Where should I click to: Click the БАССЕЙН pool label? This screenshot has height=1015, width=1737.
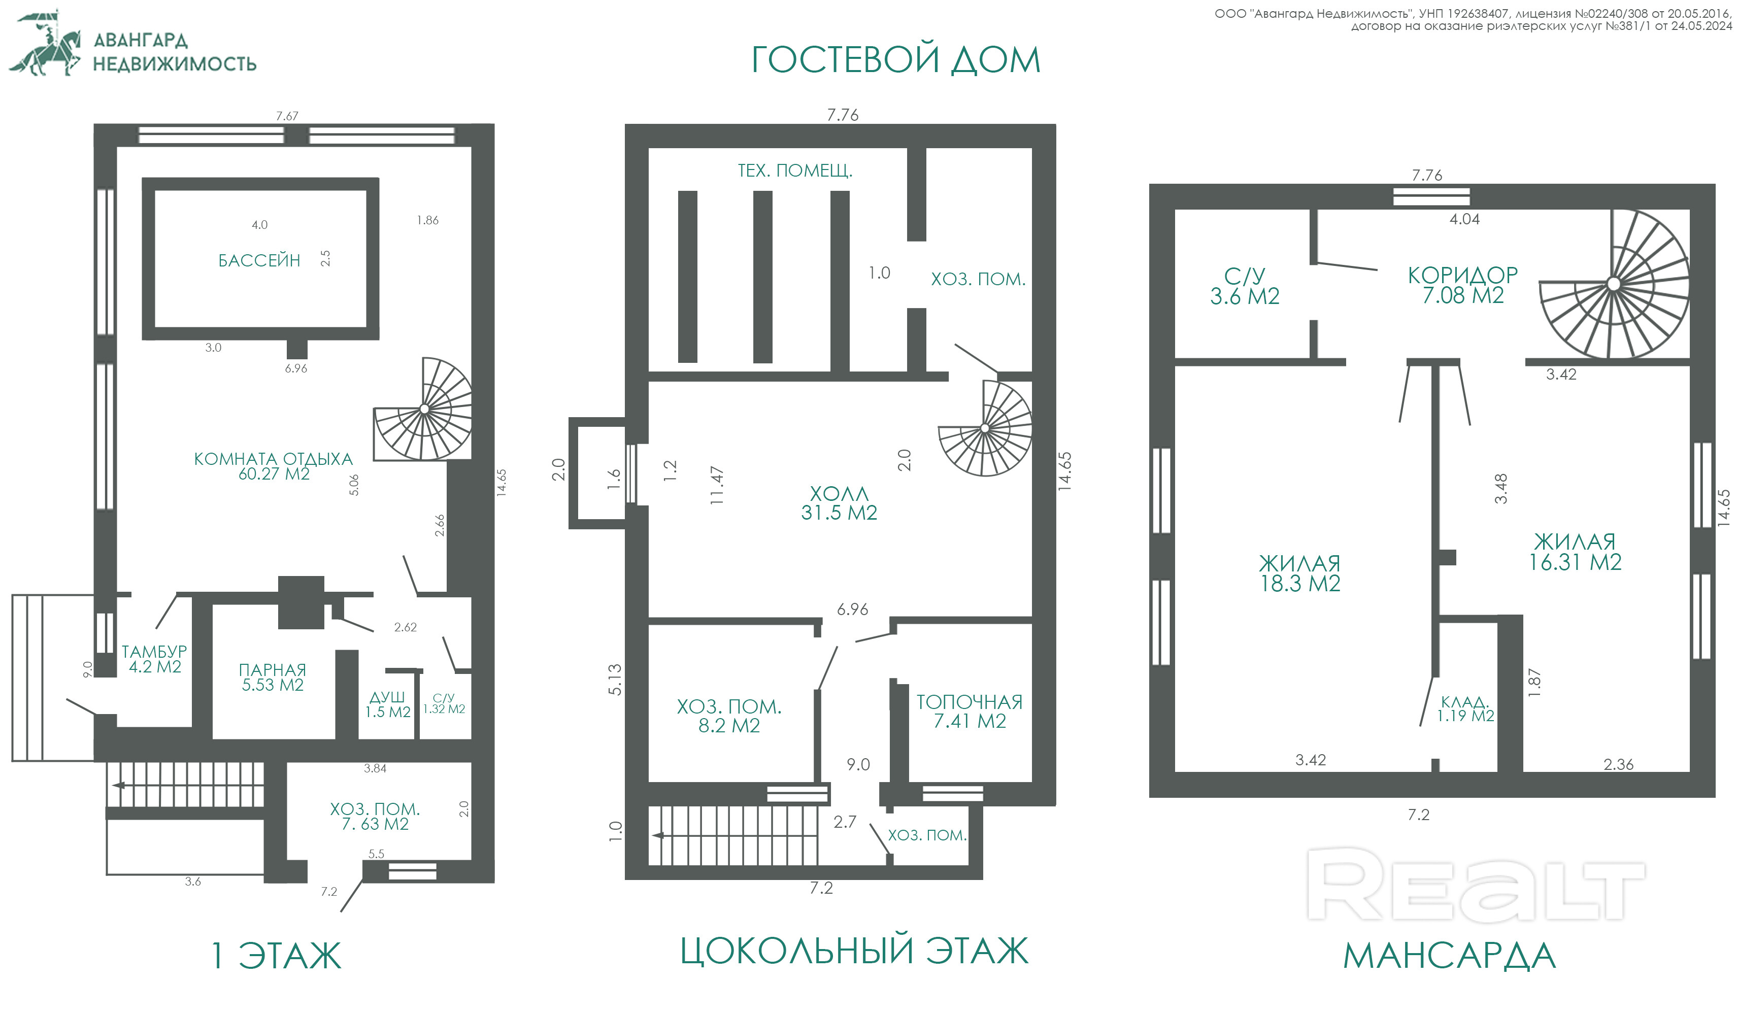click(259, 260)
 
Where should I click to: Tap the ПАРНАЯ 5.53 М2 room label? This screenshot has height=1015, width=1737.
click(272, 678)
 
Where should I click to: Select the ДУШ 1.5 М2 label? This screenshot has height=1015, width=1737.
click(387, 704)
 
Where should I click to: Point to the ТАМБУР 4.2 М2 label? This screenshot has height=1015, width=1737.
click(154, 659)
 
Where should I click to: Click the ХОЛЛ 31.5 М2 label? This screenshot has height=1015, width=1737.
click(839, 503)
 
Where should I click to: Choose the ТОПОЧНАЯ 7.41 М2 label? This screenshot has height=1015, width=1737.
click(969, 711)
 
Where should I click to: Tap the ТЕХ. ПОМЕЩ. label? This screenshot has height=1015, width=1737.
click(795, 170)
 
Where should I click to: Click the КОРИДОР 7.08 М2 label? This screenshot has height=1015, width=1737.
click(1462, 285)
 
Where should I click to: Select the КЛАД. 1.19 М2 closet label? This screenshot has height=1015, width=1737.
click(1465, 709)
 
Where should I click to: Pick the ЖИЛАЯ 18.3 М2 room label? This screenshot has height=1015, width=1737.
click(1299, 573)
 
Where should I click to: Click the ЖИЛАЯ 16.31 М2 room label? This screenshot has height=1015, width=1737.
click(1575, 552)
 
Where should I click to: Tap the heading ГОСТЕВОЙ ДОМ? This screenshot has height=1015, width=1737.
click(895, 59)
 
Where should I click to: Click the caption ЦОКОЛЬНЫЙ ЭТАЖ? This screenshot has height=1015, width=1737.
click(854, 951)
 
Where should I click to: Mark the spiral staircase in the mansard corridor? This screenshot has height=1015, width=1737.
click(1614, 284)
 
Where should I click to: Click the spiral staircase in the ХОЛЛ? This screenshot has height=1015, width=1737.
click(985, 428)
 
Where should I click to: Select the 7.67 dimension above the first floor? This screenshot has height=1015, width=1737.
click(287, 116)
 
